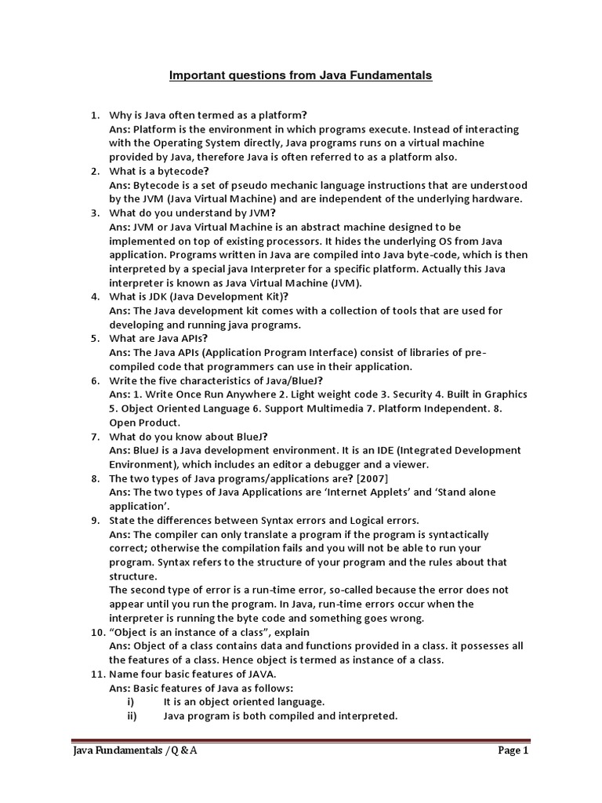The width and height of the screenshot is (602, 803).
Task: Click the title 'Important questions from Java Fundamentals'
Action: point(301,76)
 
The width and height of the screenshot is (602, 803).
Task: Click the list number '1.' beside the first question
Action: point(95,115)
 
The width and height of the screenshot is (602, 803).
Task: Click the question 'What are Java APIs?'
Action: point(155,339)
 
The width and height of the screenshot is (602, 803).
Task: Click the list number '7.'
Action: point(95,436)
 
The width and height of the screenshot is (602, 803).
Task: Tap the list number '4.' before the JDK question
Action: point(95,296)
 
